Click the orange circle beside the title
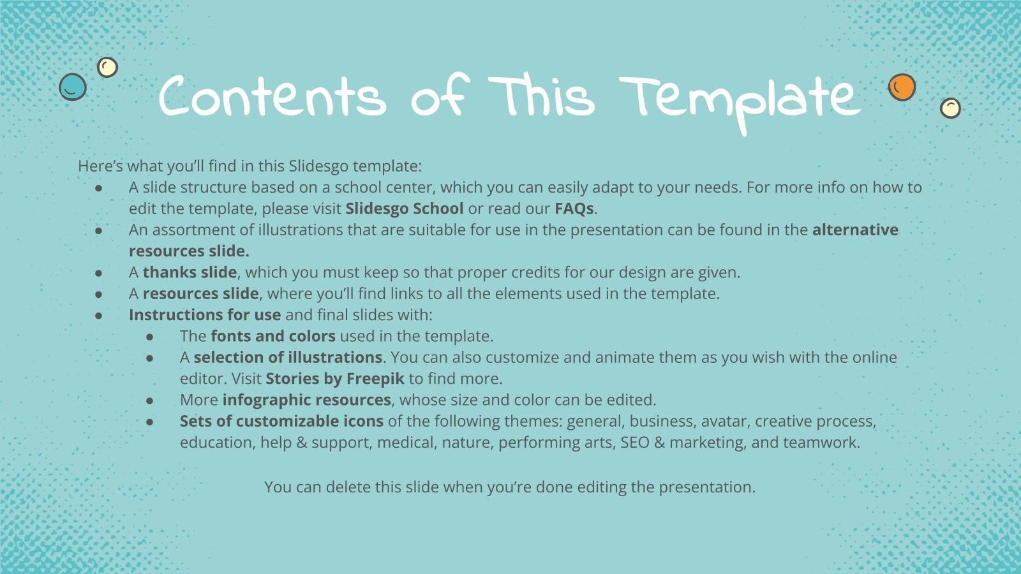(x=902, y=87)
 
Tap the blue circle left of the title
(x=73, y=86)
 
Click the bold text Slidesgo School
(x=405, y=209)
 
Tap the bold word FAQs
(x=574, y=209)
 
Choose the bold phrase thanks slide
(x=190, y=272)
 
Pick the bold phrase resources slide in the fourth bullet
(x=200, y=293)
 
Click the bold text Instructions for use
(x=205, y=315)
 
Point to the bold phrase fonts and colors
(x=273, y=336)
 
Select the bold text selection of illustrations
(x=288, y=357)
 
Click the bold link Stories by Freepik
(x=335, y=379)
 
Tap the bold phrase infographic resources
(x=306, y=400)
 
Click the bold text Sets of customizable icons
(x=281, y=421)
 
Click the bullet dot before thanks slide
(x=99, y=273)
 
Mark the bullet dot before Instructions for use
(x=99, y=315)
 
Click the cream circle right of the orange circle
(x=950, y=108)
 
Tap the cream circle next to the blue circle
(x=107, y=67)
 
